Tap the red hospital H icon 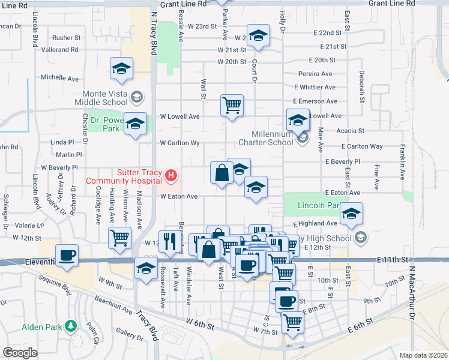172,176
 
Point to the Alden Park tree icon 71,326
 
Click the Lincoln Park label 319,205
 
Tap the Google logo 20,353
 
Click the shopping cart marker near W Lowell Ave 232,106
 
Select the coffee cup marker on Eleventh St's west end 67,255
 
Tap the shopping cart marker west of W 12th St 120,238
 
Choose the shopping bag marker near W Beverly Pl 221,173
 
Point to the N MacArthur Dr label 412,300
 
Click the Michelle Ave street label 59,78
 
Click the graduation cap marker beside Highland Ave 351,214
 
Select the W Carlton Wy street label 179,143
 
